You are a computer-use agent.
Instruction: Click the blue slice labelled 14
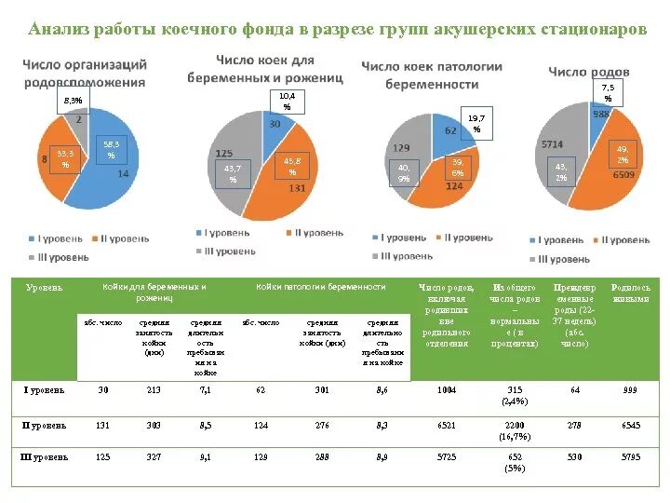[x=110, y=177]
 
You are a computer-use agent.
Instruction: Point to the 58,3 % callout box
[x=111, y=149]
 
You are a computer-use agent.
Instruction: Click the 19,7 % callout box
[x=476, y=124]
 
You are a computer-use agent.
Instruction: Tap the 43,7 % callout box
[x=233, y=173]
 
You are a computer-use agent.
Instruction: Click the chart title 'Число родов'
[x=588, y=72]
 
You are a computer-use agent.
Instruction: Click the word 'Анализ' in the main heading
[x=59, y=29]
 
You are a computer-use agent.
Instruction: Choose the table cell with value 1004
[x=447, y=390]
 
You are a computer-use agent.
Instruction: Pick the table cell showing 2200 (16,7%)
[x=515, y=430]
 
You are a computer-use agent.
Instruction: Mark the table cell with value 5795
[x=631, y=457]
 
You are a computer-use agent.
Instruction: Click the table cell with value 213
[x=154, y=390]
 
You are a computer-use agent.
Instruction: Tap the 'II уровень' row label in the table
[x=45, y=425]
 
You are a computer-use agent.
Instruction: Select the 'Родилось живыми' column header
[x=631, y=293]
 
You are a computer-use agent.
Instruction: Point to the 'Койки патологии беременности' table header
[x=321, y=287]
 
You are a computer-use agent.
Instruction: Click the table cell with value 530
[x=575, y=457]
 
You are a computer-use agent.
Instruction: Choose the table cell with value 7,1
[x=206, y=390]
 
